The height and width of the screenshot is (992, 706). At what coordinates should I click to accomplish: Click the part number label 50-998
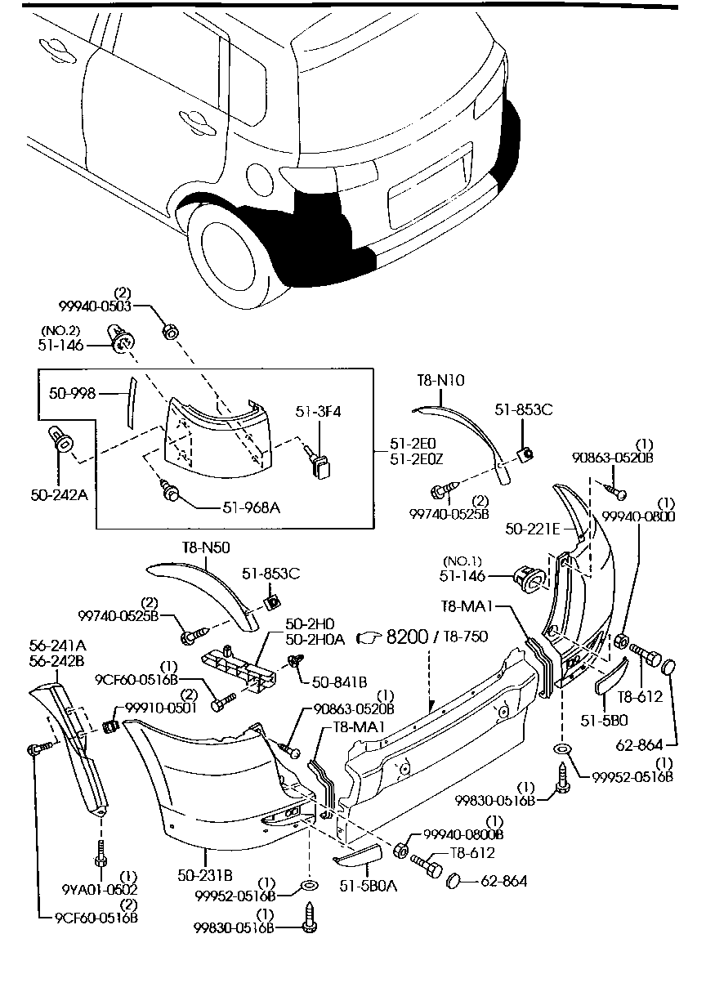click(x=71, y=394)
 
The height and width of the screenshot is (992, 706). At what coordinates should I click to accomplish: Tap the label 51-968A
click(x=251, y=507)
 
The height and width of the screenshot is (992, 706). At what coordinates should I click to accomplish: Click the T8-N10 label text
click(x=440, y=380)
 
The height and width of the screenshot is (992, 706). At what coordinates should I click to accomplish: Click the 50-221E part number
click(x=532, y=530)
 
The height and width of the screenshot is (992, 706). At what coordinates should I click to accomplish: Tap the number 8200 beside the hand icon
click(x=407, y=637)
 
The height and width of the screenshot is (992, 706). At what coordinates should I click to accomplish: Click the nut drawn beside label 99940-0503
click(x=171, y=332)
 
